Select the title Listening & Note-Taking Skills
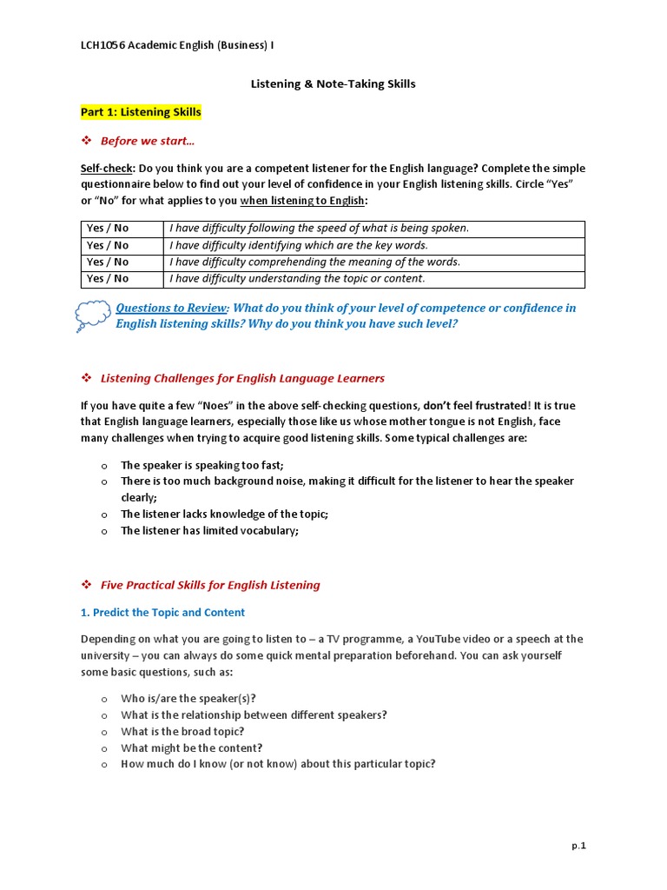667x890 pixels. click(333, 84)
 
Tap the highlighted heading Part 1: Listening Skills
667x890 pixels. click(141, 112)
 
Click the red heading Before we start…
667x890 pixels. click(148, 141)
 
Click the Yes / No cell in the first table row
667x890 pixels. click(108, 229)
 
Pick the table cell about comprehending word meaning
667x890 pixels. click(314, 262)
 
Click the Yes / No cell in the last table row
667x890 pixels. click(108, 279)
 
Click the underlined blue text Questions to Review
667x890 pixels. click(171, 308)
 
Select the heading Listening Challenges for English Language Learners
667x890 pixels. click(242, 378)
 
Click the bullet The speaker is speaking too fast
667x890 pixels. click(201, 465)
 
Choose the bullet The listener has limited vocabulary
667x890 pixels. click(209, 531)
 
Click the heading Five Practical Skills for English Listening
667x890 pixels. click(210, 585)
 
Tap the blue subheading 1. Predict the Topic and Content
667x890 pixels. click(162, 613)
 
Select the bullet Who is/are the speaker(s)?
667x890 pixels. click(188, 699)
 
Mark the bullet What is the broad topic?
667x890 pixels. click(182, 732)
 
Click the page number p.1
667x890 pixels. click(578, 846)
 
